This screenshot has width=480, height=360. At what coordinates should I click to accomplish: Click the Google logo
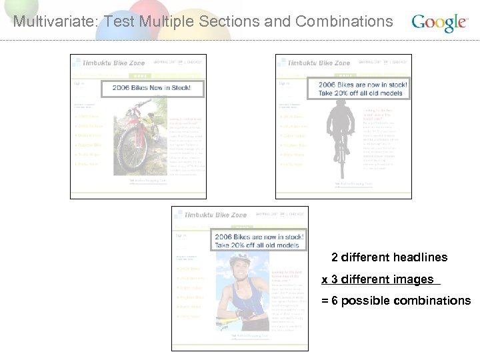[439, 23]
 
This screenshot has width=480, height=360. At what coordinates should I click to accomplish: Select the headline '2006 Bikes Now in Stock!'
[151, 88]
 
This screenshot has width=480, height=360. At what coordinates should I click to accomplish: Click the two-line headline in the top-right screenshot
[362, 89]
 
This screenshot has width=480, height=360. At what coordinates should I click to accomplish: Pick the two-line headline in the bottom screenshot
[258, 241]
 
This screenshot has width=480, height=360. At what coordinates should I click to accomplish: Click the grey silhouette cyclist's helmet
[341, 106]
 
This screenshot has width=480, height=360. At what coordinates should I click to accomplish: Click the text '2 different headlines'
[389, 257]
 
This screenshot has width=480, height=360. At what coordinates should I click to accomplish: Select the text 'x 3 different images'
[378, 279]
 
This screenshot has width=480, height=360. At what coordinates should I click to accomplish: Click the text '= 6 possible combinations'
[396, 301]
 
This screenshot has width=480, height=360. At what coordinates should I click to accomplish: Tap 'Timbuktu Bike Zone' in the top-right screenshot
[319, 63]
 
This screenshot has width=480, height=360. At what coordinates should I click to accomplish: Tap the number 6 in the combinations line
[335, 301]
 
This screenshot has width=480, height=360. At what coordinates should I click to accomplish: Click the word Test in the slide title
[118, 21]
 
